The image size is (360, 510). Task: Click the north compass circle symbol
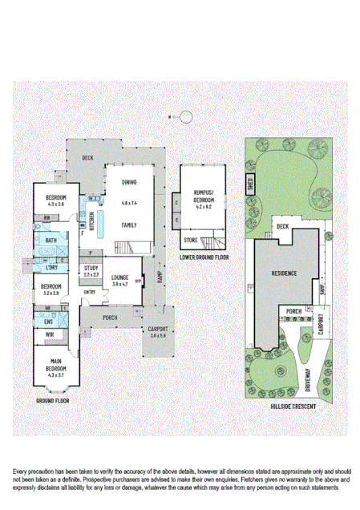pyautogui.click(x=186, y=117)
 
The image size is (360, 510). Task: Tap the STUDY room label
pyautogui.click(x=91, y=268)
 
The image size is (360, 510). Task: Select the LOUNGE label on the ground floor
pyautogui.click(x=121, y=277)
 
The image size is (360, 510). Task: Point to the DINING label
pyautogui.click(x=128, y=182)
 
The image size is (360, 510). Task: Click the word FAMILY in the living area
pyautogui.click(x=129, y=225)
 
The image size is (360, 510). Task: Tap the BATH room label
pyautogui.click(x=51, y=240)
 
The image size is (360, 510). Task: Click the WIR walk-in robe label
pyautogui.click(x=49, y=334)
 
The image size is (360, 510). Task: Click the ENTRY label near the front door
pyautogui.click(x=88, y=292)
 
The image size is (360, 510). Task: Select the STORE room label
pyautogui.click(x=191, y=240)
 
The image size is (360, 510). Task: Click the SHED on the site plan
pyautogui.click(x=250, y=184)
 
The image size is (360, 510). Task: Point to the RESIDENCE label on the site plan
pyautogui.click(x=284, y=273)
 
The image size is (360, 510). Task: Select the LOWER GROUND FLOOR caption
pyautogui.click(x=204, y=257)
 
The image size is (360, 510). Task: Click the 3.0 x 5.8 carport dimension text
pyautogui.click(x=157, y=335)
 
